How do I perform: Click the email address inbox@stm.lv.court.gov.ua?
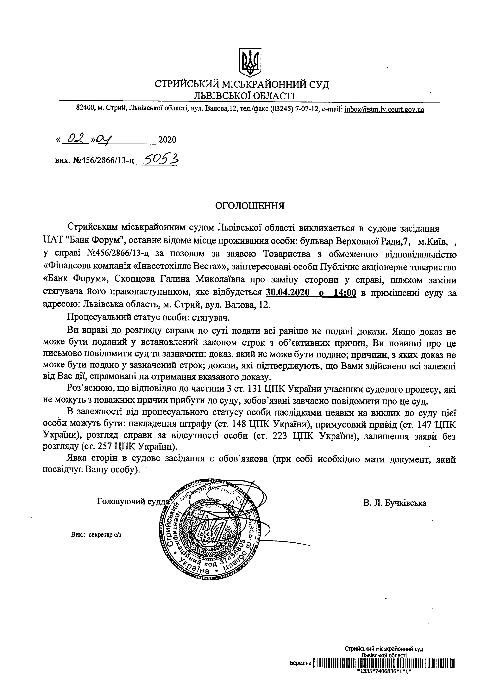point(384,110)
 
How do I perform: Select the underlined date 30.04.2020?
point(288,293)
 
